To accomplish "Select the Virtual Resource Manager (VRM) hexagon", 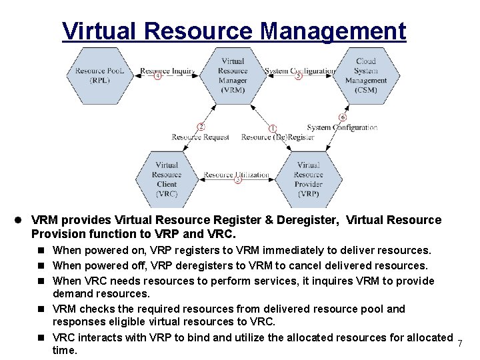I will click(233, 75).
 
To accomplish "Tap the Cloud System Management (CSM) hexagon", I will click(365, 75).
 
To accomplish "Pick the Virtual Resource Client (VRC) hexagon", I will click(167, 179).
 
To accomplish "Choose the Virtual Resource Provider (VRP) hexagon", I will click(308, 179).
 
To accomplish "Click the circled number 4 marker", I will click(158, 76).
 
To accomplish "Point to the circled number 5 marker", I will click(298, 76).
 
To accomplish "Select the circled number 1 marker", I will click(273, 127).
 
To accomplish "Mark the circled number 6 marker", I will click(343, 117).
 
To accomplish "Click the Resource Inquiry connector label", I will click(168, 71).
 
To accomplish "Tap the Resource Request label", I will click(200, 137).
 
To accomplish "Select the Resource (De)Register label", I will click(277, 137).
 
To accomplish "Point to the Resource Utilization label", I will click(237, 175).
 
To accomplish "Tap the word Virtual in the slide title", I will click(100, 31).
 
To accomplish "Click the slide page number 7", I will click(460, 343).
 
